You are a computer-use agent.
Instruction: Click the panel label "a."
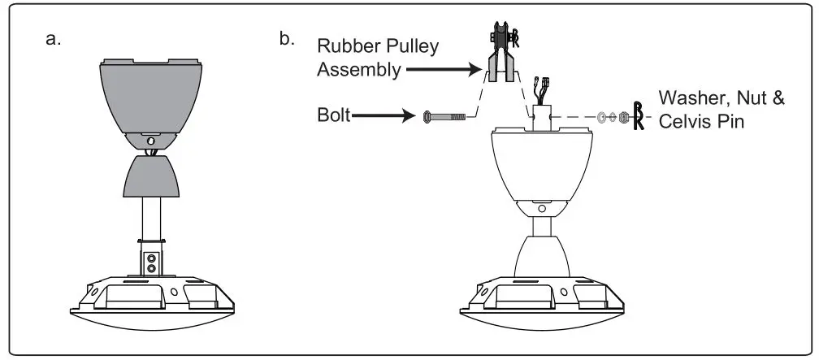point(55,38)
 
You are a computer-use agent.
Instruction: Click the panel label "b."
point(287,38)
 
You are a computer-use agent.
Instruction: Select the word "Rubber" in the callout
point(342,46)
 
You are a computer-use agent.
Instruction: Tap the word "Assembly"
point(357,70)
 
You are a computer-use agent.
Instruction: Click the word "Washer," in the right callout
point(691,98)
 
